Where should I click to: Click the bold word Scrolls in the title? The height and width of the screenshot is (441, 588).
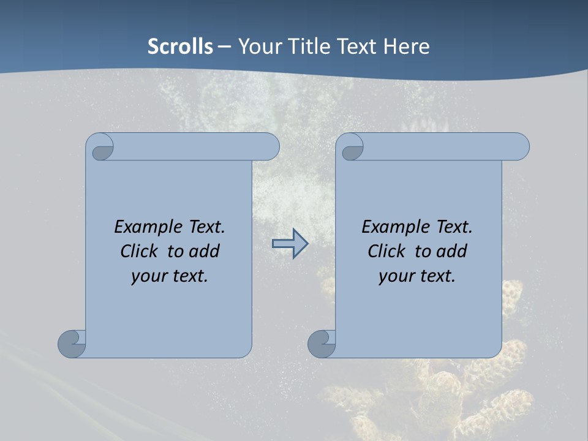(181, 47)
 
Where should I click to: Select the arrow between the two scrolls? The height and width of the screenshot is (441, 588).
(290, 244)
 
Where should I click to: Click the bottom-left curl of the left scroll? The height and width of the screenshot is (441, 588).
(72, 344)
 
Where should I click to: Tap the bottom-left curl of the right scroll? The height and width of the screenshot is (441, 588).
(322, 344)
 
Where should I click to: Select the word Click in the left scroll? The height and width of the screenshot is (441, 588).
(140, 251)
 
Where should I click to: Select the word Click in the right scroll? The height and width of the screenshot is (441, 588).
(386, 251)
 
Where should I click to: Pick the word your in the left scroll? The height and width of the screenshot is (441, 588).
(148, 276)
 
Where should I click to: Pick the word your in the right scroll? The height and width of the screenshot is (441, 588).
(396, 276)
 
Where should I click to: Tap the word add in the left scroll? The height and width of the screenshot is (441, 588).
(205, 251)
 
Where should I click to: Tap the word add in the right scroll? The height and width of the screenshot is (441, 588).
(452, 251)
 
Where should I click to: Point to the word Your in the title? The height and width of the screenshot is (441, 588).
(258, 47)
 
